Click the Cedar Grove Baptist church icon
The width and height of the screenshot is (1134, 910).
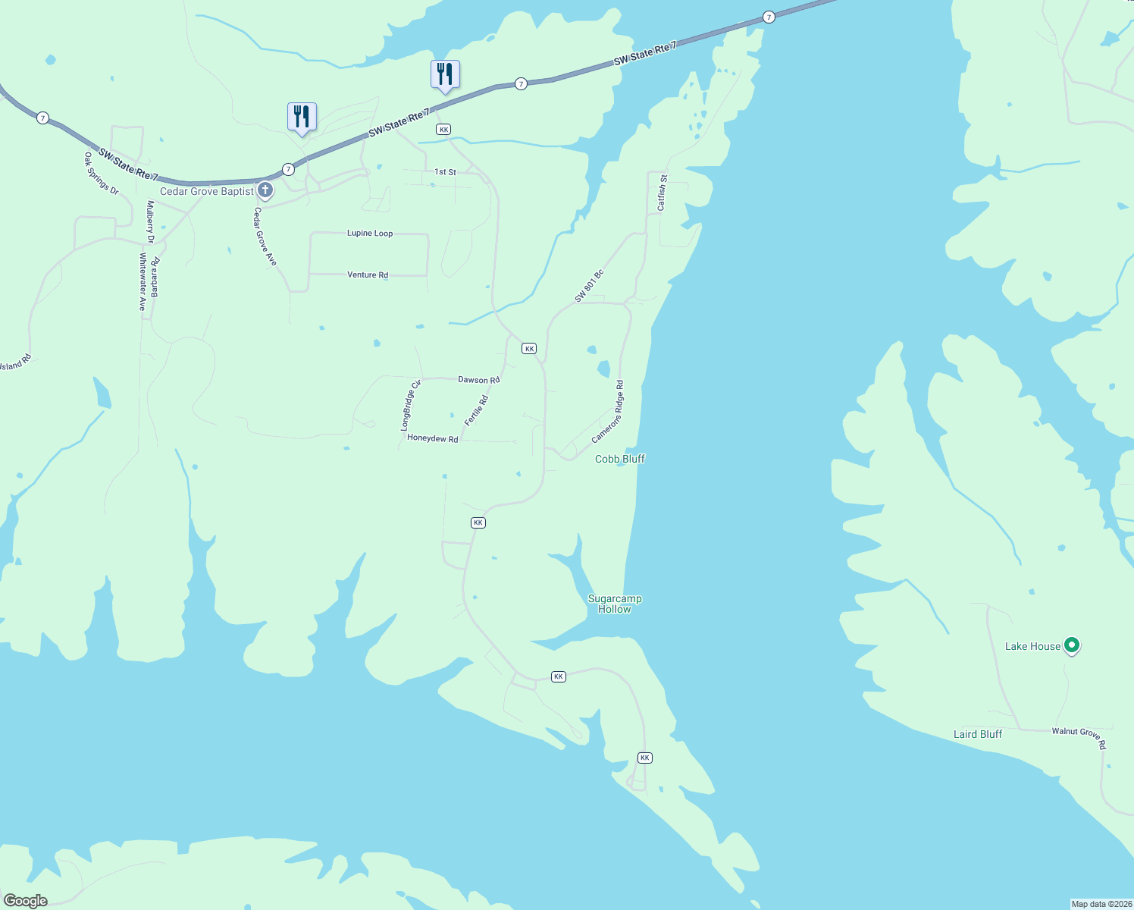point(265,190)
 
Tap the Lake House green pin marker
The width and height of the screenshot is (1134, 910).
point(1071,645)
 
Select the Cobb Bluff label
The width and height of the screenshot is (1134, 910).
point(620,459)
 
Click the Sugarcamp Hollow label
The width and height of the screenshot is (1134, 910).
point(615,604)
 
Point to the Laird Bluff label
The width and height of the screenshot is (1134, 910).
point(978,734)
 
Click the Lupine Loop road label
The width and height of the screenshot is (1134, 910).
point(370,233)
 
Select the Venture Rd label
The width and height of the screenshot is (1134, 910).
point(368,275)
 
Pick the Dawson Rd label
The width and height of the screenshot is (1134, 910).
point(479,379)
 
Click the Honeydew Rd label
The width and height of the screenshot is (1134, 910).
point(433,438)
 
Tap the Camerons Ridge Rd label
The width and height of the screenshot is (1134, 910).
point(608,412)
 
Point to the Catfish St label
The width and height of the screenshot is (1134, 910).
point(662,193)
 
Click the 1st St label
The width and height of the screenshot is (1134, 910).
point(446,172)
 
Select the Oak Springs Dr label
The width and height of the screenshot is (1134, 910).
point(102,174)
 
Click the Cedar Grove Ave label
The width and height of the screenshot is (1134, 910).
point(265,237)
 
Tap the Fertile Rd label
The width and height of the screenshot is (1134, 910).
point(476,410)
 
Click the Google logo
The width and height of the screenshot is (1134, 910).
point(26,901)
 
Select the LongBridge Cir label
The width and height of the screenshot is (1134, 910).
point(411,406)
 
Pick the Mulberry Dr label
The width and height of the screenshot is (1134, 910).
point(151,221)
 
